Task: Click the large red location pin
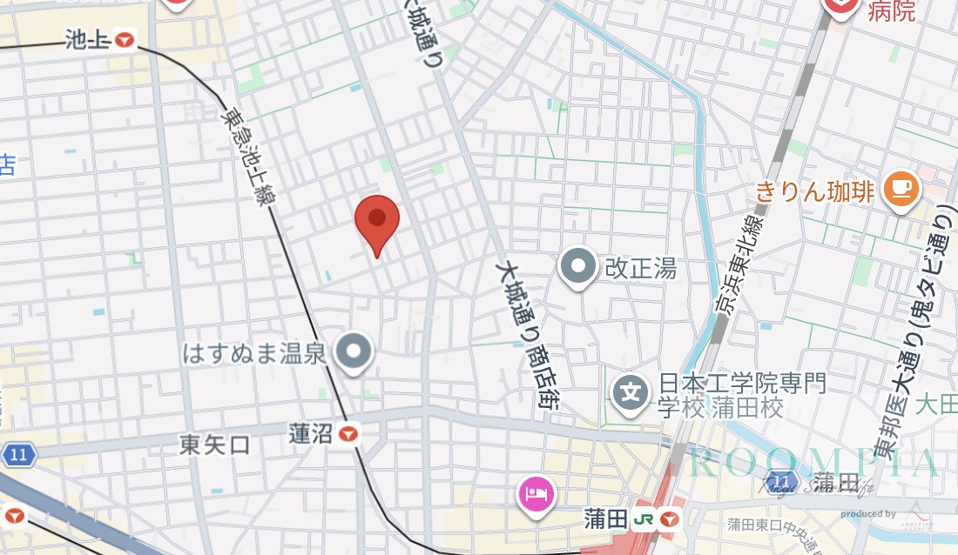pyautogui.click(x=377, y=220)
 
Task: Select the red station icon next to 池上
pyautogui.click(x=127, y=39)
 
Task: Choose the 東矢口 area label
pyautogui.click(x=214, y=445)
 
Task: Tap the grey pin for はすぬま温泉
pyautogui.click(x=354, y=352)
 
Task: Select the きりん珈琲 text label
pyautogui.click(x=814, y=191)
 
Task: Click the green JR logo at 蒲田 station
pyautogui.click(x=645, y=519)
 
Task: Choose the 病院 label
pyautogui.click(x=891, y=10)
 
